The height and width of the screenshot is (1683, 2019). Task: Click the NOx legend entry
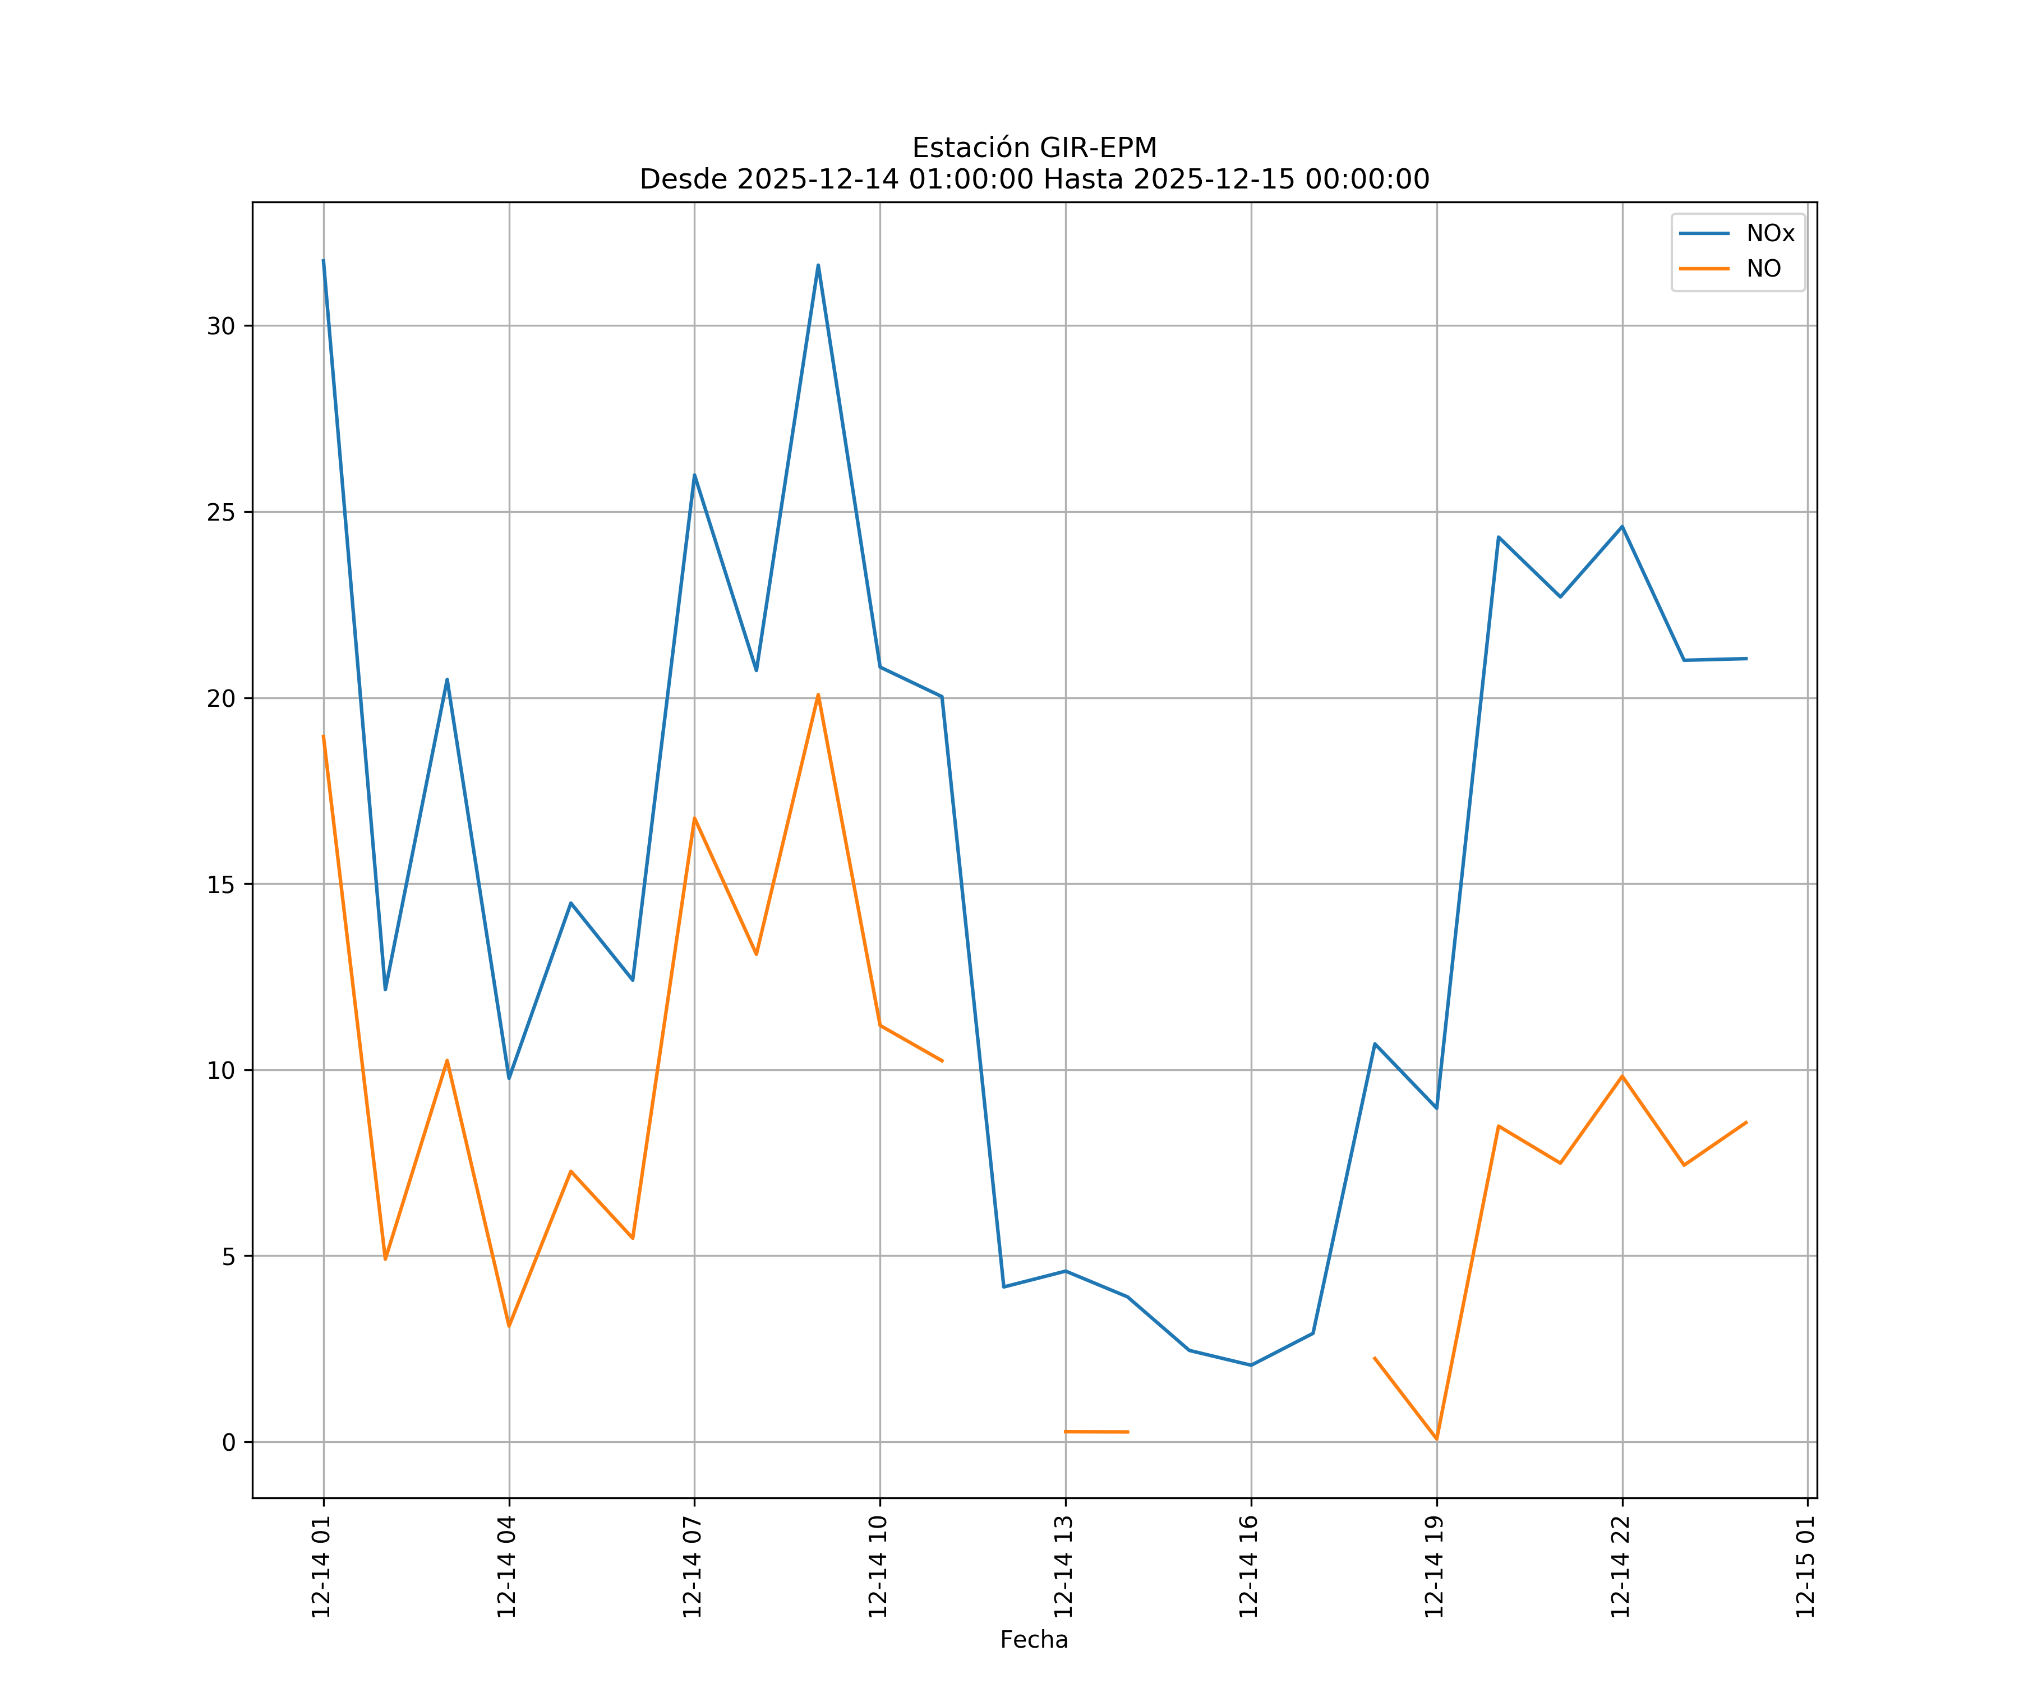[x=1769, y=234]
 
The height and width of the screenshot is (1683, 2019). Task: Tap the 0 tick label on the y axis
[x=229, y=1442]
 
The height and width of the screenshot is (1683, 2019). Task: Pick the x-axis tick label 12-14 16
[x=1249, y=1567]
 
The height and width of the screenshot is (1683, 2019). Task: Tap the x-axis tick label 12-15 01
[x=1805, y=1567]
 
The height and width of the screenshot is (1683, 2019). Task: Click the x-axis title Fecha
[x=1034, y=1640]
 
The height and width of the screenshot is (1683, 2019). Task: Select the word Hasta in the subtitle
[x=1082, y=180]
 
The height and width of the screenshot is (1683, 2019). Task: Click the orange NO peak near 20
[x=818, y=695]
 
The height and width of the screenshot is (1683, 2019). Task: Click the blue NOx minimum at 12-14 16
[x=1251, y=1365]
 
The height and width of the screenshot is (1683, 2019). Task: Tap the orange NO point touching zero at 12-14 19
[x=1436, y=1439]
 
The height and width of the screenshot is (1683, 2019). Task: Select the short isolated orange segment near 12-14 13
[x=1096, y=1432]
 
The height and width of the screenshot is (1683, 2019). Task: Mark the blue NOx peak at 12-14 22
[x=1622, y=527]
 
